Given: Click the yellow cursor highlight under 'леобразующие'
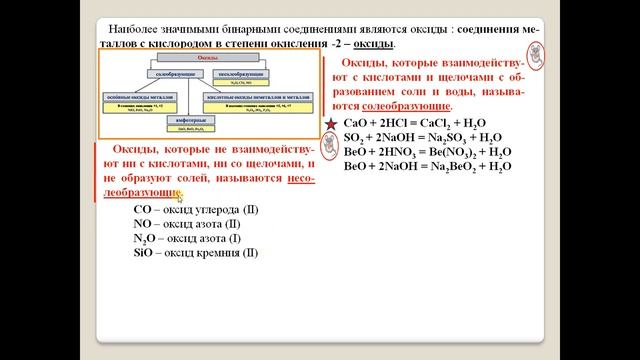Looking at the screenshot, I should pos(180,195).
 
